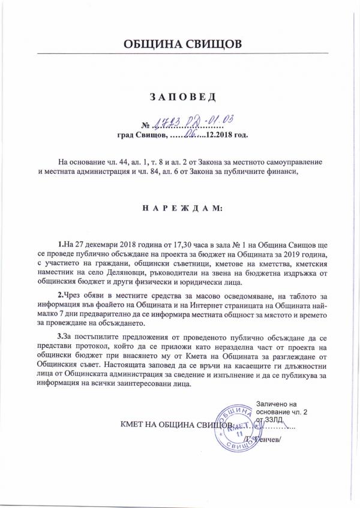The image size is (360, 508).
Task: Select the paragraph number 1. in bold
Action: coord(61,245)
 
